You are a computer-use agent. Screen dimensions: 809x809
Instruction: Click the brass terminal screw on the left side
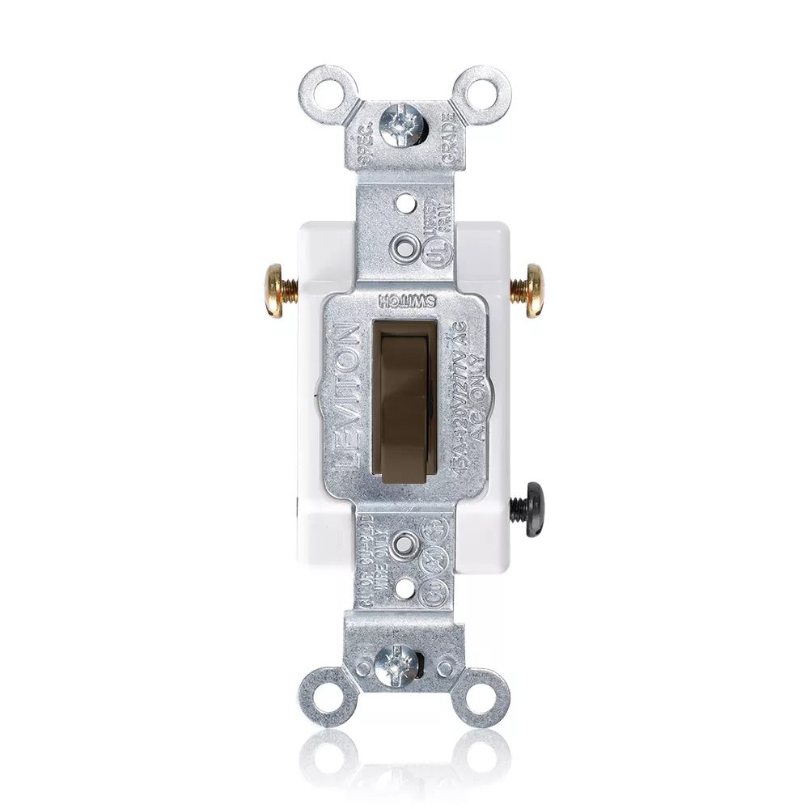click(x=277, y=285)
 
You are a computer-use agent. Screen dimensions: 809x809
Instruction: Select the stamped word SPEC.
click(x=363, y=133)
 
